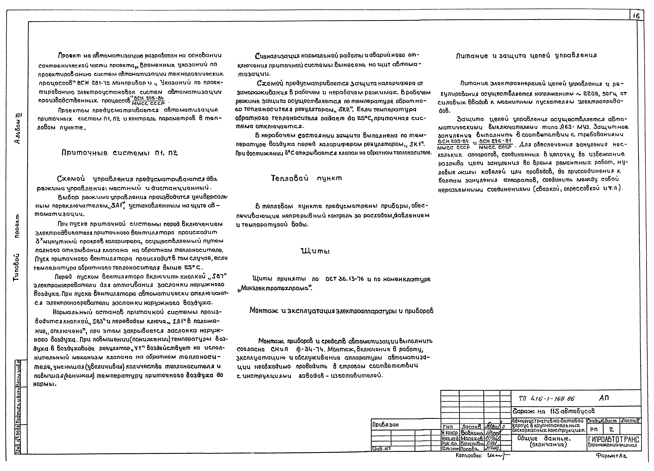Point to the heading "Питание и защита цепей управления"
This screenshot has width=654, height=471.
[526, 56]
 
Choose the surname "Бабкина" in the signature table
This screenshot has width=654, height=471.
[472, 433]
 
